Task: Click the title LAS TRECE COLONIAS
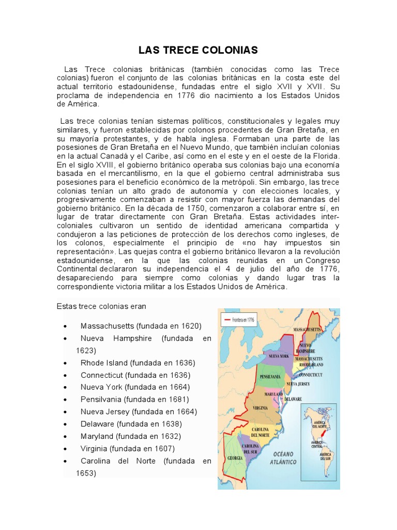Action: point(198,50)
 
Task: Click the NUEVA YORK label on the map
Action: point(278,356)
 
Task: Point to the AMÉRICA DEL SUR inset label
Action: point(326,458)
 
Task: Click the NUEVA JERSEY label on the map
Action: point(298,384)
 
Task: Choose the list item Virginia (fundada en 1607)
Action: point(128,448)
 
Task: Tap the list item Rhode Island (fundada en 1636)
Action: point(138,363)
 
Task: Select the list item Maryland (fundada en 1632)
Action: point(131,436)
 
